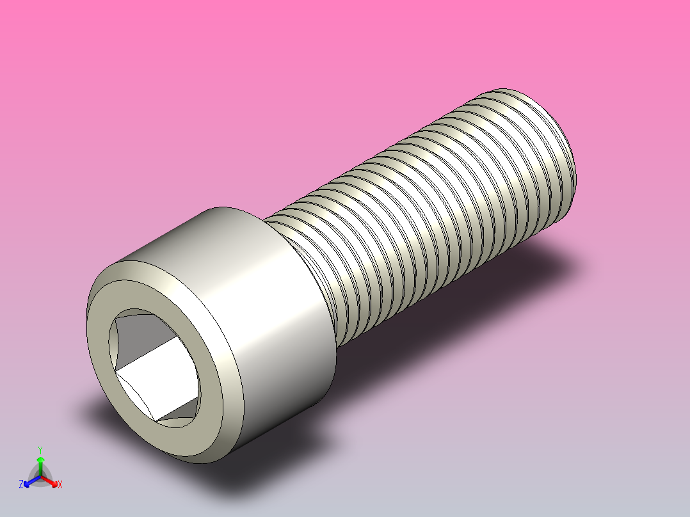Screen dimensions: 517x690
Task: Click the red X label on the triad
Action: point(60,484)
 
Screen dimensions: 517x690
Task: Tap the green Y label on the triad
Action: point(40,449)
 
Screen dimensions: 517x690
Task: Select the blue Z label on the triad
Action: point(21,484)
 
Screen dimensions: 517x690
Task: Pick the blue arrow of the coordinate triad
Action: point(29,481)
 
